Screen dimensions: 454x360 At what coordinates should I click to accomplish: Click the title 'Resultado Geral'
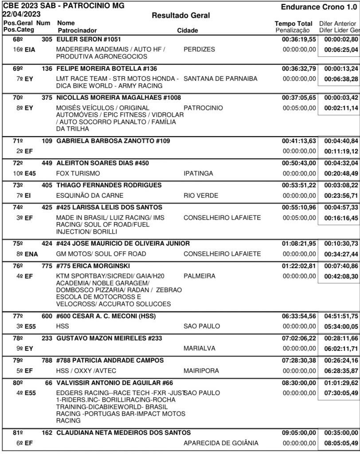click(180, 16)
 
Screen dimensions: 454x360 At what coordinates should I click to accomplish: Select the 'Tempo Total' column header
click(293, 23)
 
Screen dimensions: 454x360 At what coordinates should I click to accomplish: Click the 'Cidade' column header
click(188, 31)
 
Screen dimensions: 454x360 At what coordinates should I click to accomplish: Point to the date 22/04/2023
click(20, 14)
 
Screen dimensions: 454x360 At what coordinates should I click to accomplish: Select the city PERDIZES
click(199, 50)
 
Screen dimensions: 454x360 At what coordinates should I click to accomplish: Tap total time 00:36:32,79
click(299, 68)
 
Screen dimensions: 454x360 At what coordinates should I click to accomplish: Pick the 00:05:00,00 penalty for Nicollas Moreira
click(299, 108)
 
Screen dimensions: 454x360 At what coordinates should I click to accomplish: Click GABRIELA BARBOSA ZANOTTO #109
click(114, 141)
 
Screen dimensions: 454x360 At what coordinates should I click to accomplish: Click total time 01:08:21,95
click(299, 243)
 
